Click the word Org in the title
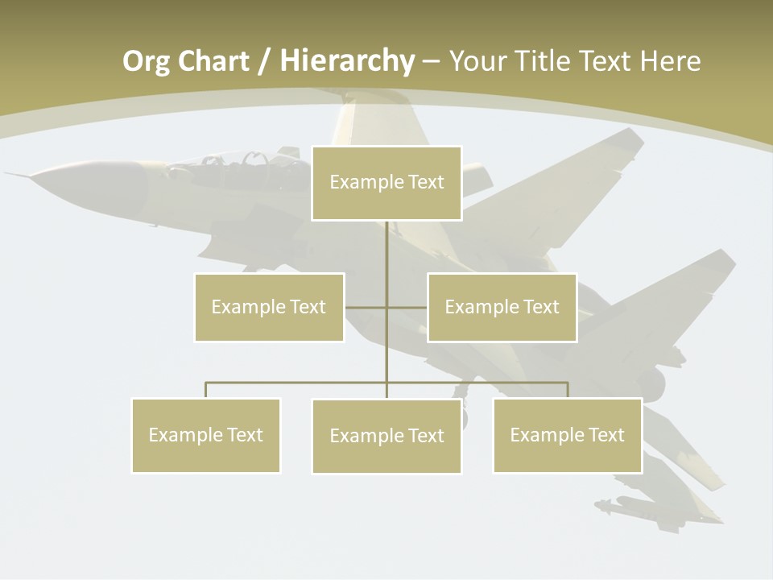click(x=147, y=61)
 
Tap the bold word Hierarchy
click(x=346, y=61)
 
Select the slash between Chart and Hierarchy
click(x=264, y=62)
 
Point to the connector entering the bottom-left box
click(x=206, y=390)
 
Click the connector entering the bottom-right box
click(x=568, y=390)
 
